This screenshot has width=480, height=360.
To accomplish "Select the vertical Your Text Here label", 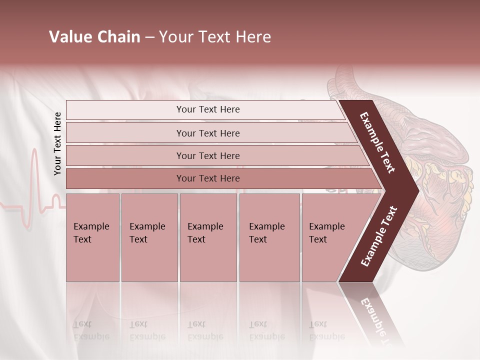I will (57, 143).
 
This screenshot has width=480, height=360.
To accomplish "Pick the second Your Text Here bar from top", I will (208, 133).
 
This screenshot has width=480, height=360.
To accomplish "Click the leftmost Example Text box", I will (92, 237).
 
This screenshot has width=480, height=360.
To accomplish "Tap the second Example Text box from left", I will (149, 237).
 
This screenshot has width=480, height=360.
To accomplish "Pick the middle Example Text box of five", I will (208, 237).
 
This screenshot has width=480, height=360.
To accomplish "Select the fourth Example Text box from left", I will (269, 237).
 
